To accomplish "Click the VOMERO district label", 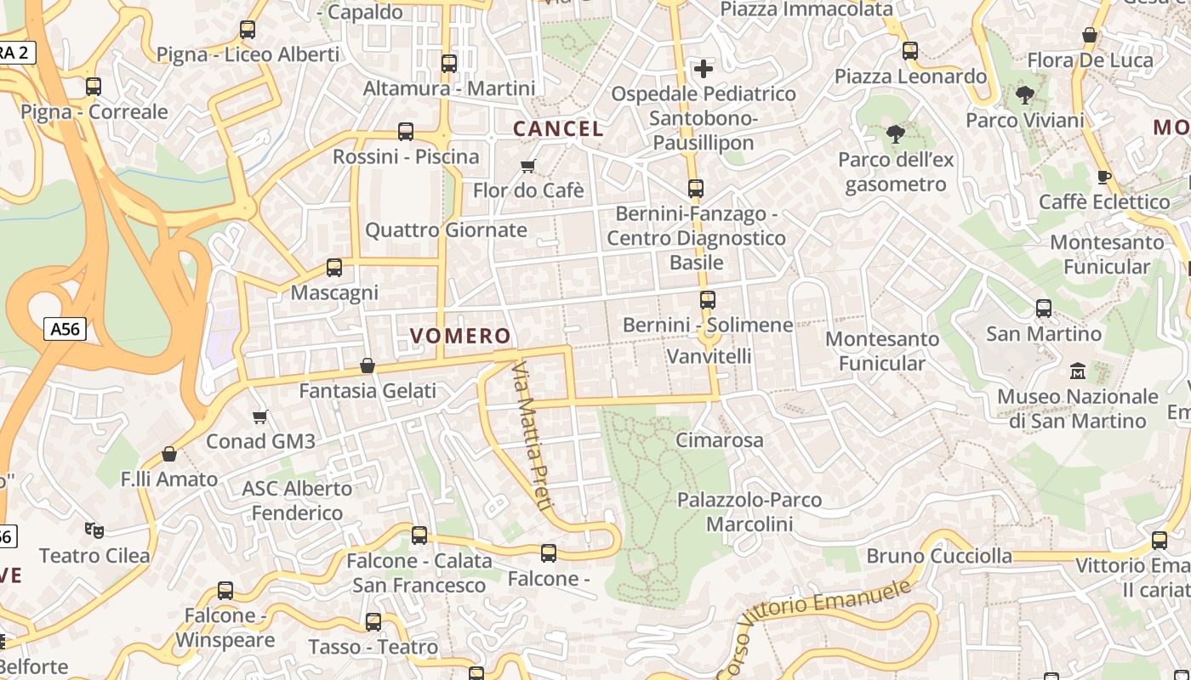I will [x=460, y=336].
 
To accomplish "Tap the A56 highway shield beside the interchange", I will [x=66, y=328].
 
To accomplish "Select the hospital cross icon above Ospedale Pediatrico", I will [x=704, y=68].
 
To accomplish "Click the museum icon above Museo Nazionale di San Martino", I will [x=1078, y=371].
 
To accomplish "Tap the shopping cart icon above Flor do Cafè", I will [x=528, y=165].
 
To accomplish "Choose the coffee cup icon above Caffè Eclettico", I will [x=1104, y=177].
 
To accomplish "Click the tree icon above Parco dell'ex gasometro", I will [x=895, y=133].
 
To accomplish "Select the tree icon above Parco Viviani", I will [x=1024, y=94].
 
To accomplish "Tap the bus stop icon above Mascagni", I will [x=334, y=268].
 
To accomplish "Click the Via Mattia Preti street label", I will [x=533, y=435].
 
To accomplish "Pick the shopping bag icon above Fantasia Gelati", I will [x=368, y=365].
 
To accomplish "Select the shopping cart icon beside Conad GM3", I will [x=260, y=416].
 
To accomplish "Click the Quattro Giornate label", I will [x=446, y=230].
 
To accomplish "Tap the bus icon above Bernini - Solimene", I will [x=708, y=299].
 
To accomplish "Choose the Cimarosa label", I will [x=720, y=440].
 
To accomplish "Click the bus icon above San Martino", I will [x=1044, y=309].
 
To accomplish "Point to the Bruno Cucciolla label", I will [x=939, y=557].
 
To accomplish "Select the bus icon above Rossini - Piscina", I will [x=406, y=132].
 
